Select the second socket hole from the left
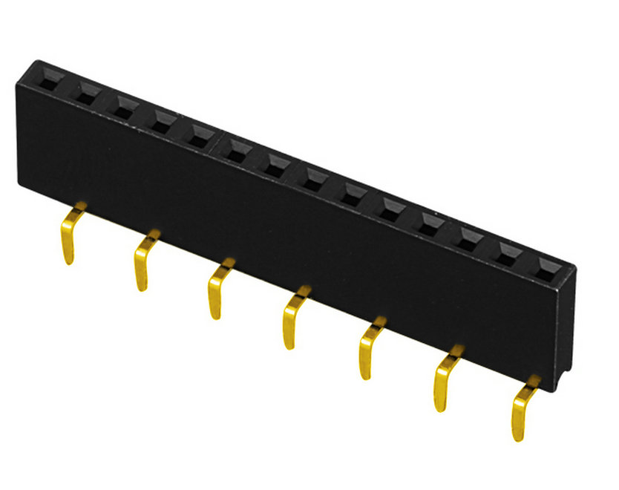pyautogui.click(x=86, y=93)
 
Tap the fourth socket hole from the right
pyautogui.click(x=431, y=221)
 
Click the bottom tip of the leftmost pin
pyautogui.click(x=68, y=261)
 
